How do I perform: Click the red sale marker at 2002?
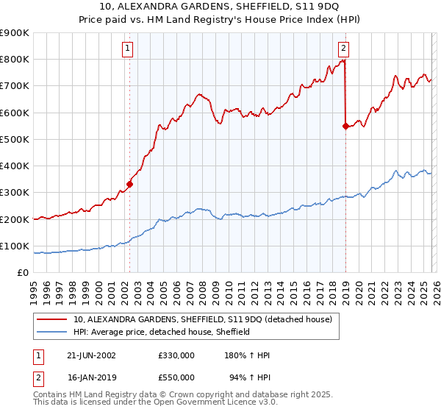[x=130, y=184]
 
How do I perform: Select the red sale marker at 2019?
[x=345, y=126]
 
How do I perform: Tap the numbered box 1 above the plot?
[x=128, y=49]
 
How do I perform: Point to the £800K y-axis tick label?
[x=15, y=60]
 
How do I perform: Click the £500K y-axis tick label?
[x=15, y=139]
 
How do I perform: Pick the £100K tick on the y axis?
[x=15, y=246]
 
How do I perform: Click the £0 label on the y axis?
[x=22, y=272]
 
